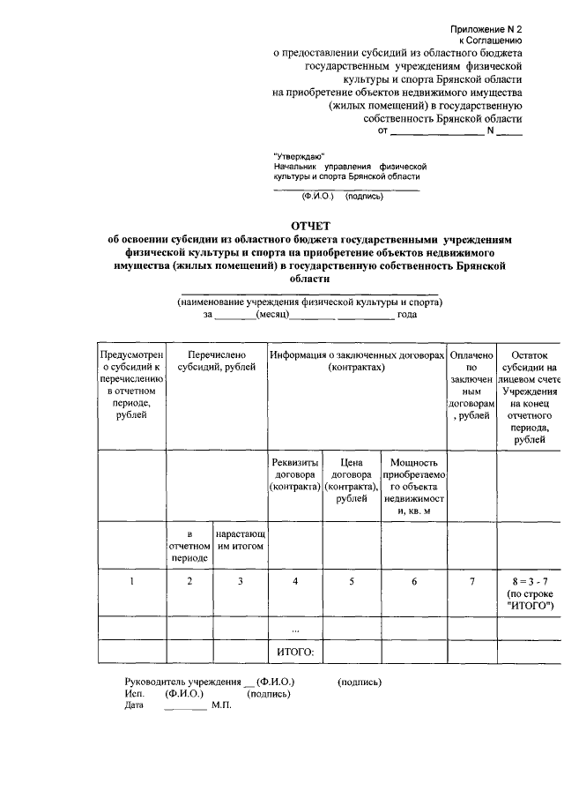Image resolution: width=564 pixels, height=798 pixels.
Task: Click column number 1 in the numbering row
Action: pos(132,581)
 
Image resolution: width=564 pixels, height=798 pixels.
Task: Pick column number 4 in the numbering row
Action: pos(296,581)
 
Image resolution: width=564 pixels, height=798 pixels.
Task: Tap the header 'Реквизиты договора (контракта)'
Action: pos(296,474)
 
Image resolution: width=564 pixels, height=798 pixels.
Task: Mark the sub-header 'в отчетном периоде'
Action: pos(189,546)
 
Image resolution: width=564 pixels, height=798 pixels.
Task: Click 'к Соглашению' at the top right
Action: pos(491,41)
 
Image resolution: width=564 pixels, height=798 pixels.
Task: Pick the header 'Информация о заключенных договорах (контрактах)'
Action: pos(358,361)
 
